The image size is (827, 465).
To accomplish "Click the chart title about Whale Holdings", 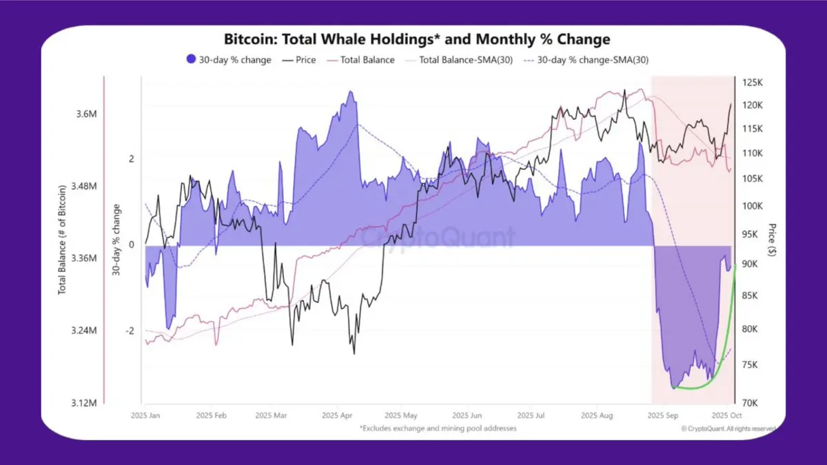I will (x=417, y=39).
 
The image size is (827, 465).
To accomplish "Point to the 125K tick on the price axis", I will (x=753, y=83).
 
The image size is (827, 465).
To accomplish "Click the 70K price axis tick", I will (x=751, y=402).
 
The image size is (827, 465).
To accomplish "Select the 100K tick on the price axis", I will (x=753, y=206).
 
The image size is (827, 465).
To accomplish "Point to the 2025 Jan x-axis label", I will (x=145, y=416).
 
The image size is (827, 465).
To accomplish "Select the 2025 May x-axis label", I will (x=400, y=416).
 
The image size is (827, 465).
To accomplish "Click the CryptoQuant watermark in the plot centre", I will (x=438, y=238).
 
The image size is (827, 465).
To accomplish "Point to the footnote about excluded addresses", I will (x=438, y=428).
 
